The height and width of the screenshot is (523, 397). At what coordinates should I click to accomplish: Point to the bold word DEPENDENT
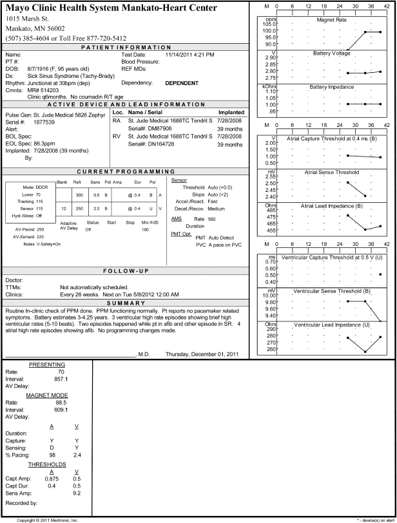tap(182, 83)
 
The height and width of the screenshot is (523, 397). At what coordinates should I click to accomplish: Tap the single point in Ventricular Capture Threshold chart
tap(380, 274)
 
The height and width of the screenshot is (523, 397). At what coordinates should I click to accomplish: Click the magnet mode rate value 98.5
tap(59, 401)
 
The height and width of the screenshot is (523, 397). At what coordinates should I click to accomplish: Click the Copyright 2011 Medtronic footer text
tap(48, 519)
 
